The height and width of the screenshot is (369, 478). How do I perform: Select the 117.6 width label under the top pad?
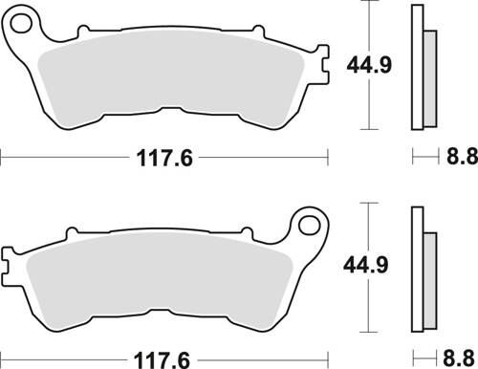coord(163,158)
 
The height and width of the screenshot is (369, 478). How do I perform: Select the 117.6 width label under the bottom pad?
coord(163,358)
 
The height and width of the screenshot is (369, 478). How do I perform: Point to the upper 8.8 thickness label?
coord(459,158)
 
